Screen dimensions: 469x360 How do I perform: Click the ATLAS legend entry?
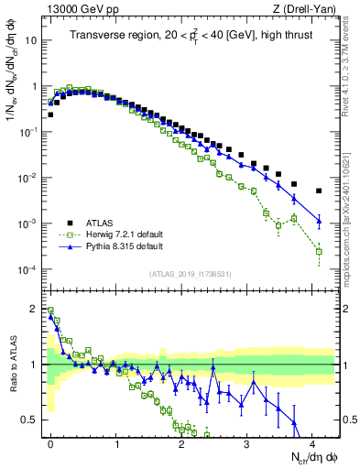pos(102,222)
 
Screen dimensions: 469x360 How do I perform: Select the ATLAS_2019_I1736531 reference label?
pos(189,274)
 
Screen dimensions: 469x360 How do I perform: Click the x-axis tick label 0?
pos(50,442)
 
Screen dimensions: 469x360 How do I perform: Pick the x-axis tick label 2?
pos(181,442)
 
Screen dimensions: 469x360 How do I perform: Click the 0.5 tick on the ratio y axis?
pos(27,420)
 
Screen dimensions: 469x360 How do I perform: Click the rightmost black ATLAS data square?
pos(319,191)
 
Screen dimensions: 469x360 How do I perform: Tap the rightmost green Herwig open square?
pos(319,251)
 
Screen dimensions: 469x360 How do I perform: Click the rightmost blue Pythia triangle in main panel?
pos(319,220)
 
